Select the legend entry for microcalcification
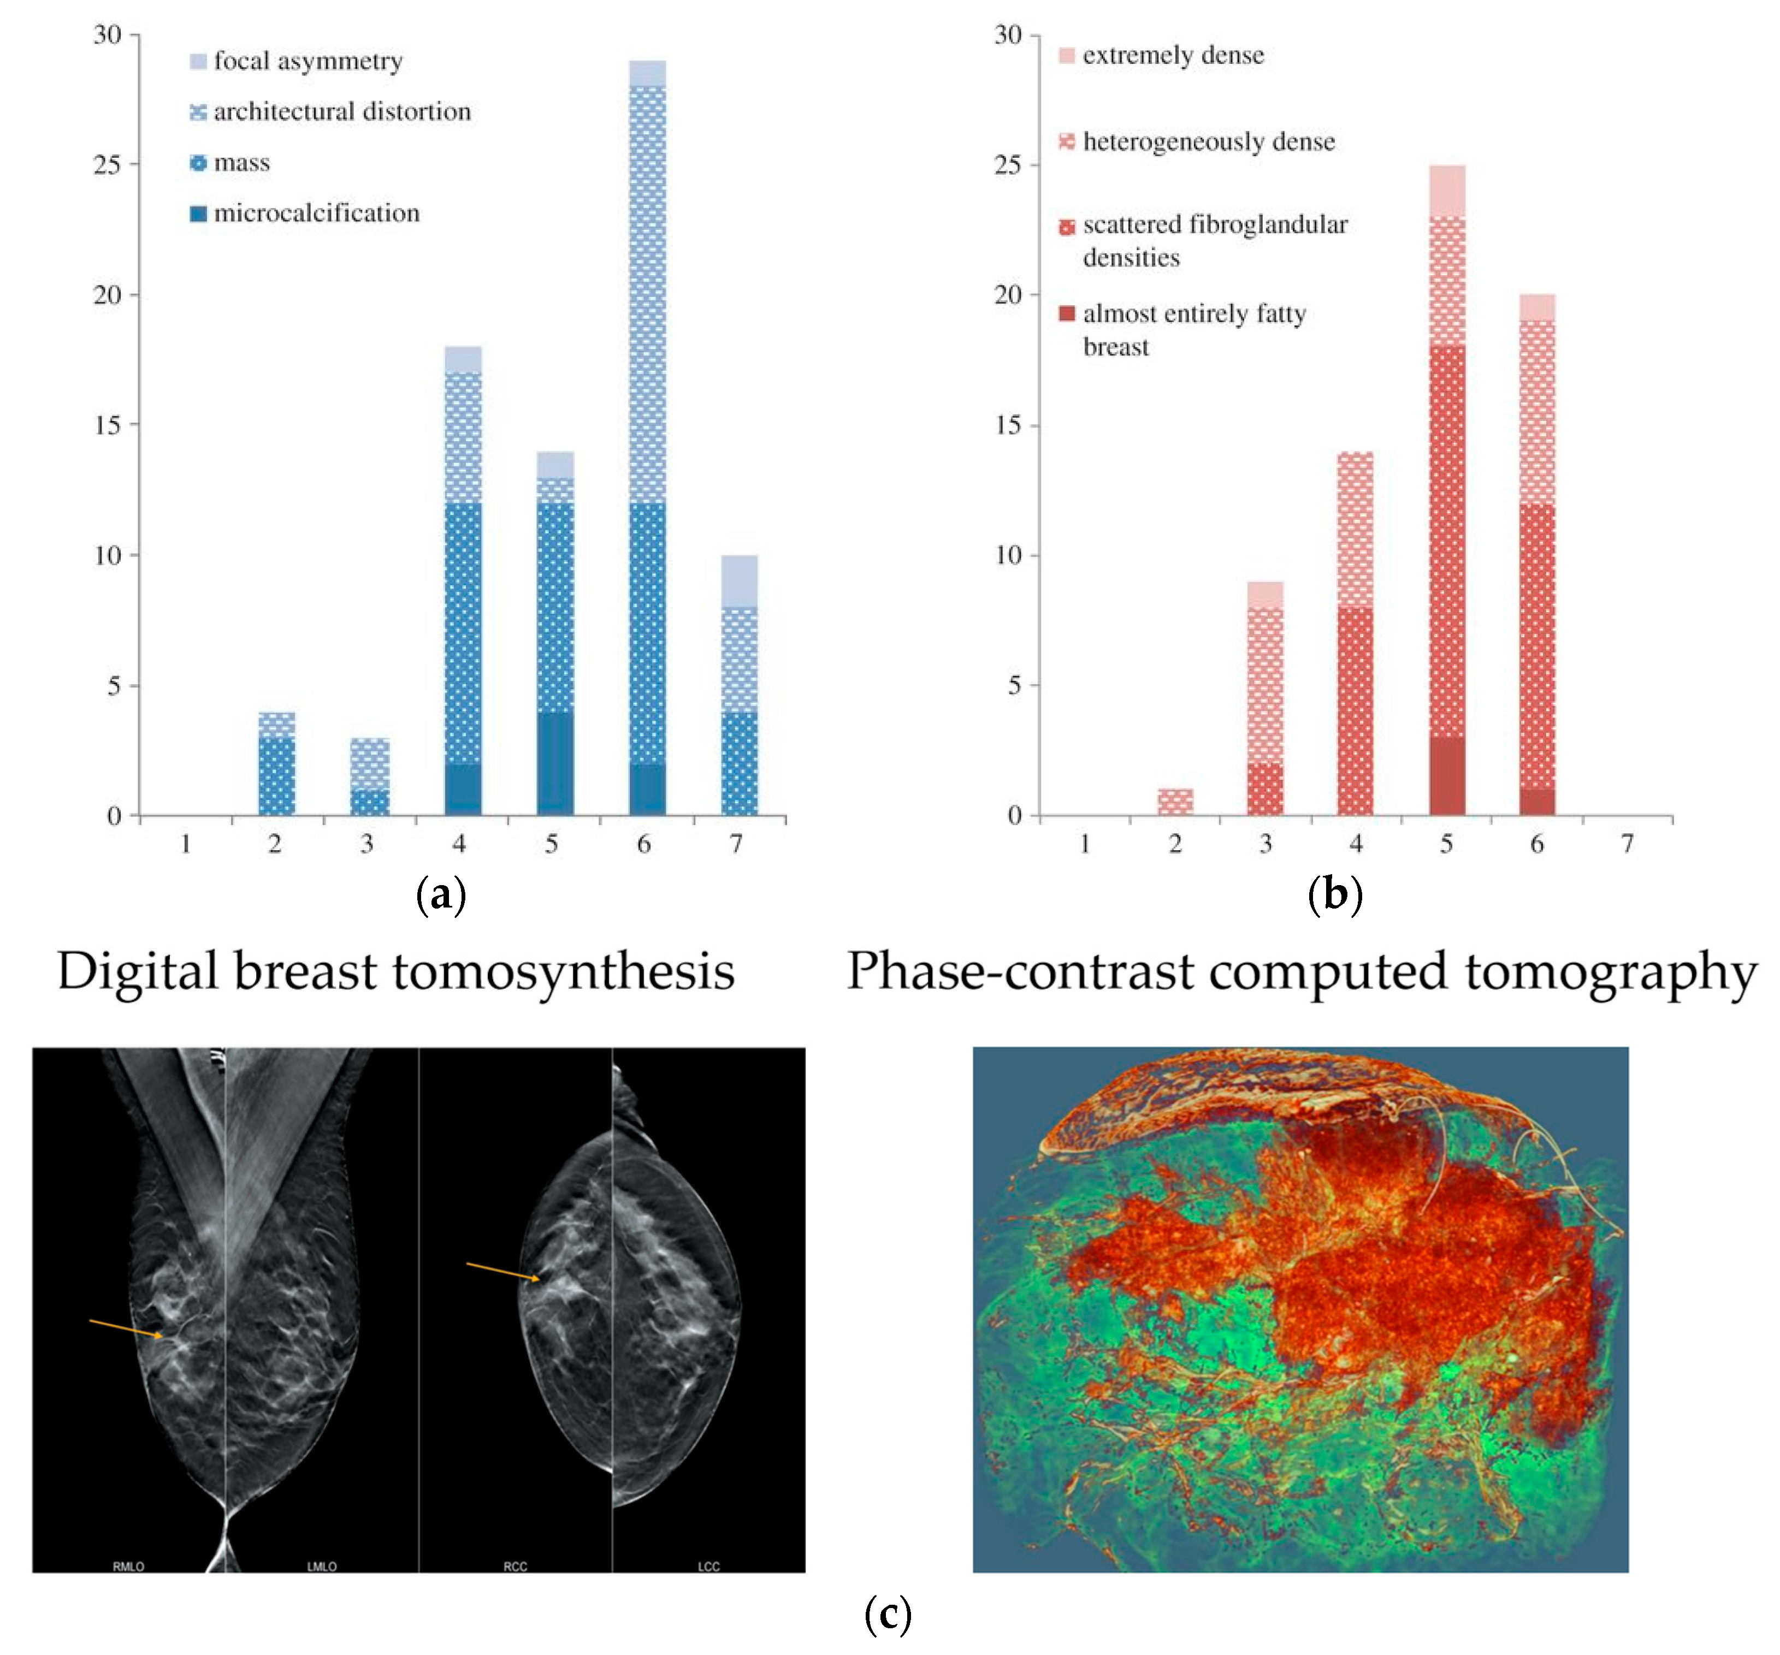click(x=316, y=213)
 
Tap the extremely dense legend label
click(x=1173, y=56)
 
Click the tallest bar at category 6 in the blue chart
click(x=647, y=438)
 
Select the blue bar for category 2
click(x=277, y=763)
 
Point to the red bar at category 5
click(x=1447, y=490)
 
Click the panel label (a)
click(x=441, y=894)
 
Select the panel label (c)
click(x=888, y=1614)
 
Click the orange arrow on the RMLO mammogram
click(x=126, y=1328)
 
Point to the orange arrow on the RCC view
click(x=503, y=1272)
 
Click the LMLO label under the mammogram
click(x=322, y=1567)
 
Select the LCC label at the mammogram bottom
click(x=708, y=1567)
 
